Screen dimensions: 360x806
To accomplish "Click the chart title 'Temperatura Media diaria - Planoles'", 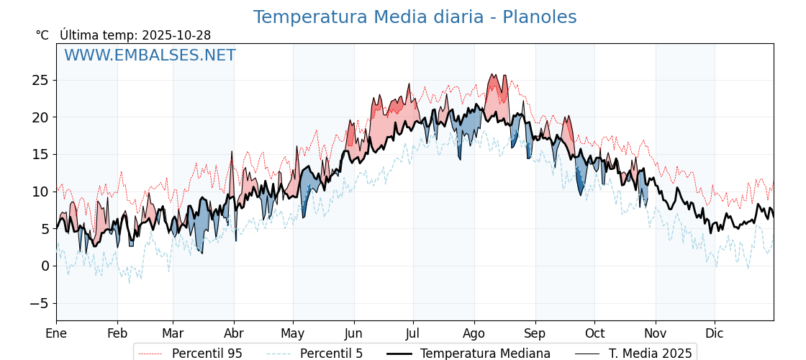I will (x=415, y=17).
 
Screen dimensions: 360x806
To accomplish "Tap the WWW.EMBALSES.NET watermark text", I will (x=150, y=55).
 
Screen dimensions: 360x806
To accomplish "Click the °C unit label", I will (x=42, y=35).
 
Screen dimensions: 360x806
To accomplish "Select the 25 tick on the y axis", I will (x=40, y=80).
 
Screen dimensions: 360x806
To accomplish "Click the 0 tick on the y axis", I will (x=45, y=266).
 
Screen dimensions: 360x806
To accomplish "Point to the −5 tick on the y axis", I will (x=40, y=303).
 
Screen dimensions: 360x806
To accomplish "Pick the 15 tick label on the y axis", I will (x=40, y=154).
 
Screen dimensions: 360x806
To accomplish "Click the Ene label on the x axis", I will (x=56, y=333).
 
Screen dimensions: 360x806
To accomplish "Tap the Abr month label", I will (x=234, y=333).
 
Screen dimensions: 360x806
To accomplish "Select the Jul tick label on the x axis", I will (x=413, y=333).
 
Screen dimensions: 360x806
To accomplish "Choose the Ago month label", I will (x=474, y=333).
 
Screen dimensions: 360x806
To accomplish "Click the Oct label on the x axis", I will (x=594, y=333).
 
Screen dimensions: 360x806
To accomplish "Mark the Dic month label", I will (x=715, y=333).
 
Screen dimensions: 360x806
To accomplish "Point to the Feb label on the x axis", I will (x=117, y=333).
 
